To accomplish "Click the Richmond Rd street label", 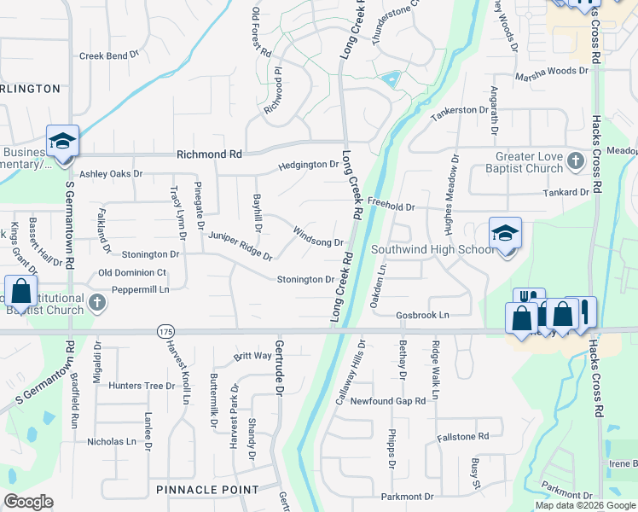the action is [x=209, y=154].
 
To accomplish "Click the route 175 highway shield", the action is [x=165, y=330].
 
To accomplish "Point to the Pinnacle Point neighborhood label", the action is [x=207, y=489].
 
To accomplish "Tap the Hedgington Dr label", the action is [x=309, y=165].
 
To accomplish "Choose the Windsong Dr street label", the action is [x=317, y=236].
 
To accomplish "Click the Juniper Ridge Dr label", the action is [x=241, y=246].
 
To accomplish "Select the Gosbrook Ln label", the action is [x=422, y=316].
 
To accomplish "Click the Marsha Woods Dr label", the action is [x=552, y=74].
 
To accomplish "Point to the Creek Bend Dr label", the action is [x=108, y=56].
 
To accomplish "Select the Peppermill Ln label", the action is [x=135, y=290].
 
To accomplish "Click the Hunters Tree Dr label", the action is [x=142, y=386].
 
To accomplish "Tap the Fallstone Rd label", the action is [x=462, y=436].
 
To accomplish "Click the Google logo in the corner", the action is [x=28, y=502].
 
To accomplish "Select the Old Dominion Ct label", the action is [x=131, y=272].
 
